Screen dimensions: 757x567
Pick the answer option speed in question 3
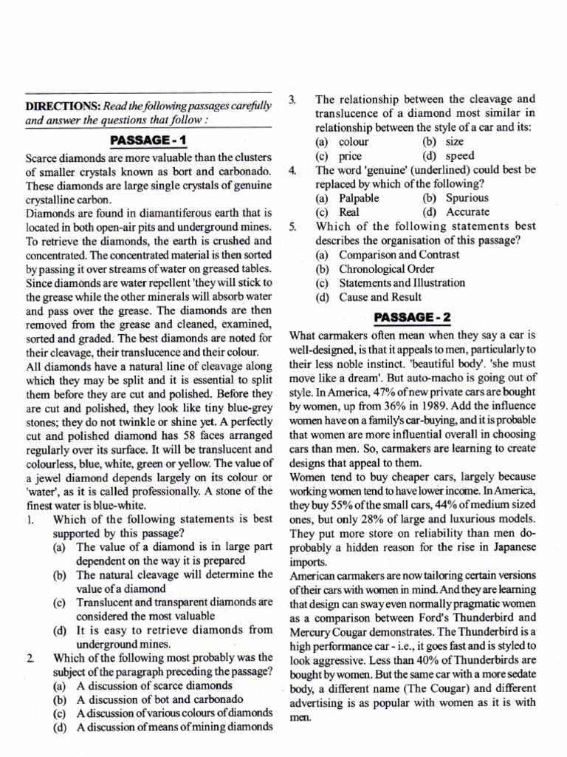click(x=461, y=155)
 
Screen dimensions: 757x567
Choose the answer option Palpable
click(x=359, y=198)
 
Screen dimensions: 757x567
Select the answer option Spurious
click(x=467, y=198)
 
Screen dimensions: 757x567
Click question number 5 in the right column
click(x=292, y=227)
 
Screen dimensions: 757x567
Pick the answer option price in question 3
click(x=353, y=155)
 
